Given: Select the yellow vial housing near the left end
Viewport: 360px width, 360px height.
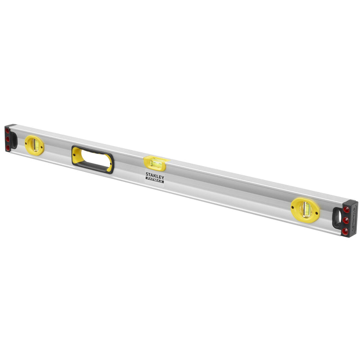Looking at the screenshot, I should click(x=34, y=145).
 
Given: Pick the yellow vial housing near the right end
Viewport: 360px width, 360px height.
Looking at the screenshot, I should click(x=306, y=208).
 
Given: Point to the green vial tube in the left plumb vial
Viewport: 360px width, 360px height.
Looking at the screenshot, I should click(x=34, y=144).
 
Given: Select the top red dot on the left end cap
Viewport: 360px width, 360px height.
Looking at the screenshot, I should click(x=8, y=131).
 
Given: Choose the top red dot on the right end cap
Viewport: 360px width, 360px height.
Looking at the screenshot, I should click(x=346, y=209).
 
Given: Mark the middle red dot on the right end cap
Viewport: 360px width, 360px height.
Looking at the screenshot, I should click(x=346, y=220).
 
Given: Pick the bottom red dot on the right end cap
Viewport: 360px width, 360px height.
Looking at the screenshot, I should click(x=345, y=231).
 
